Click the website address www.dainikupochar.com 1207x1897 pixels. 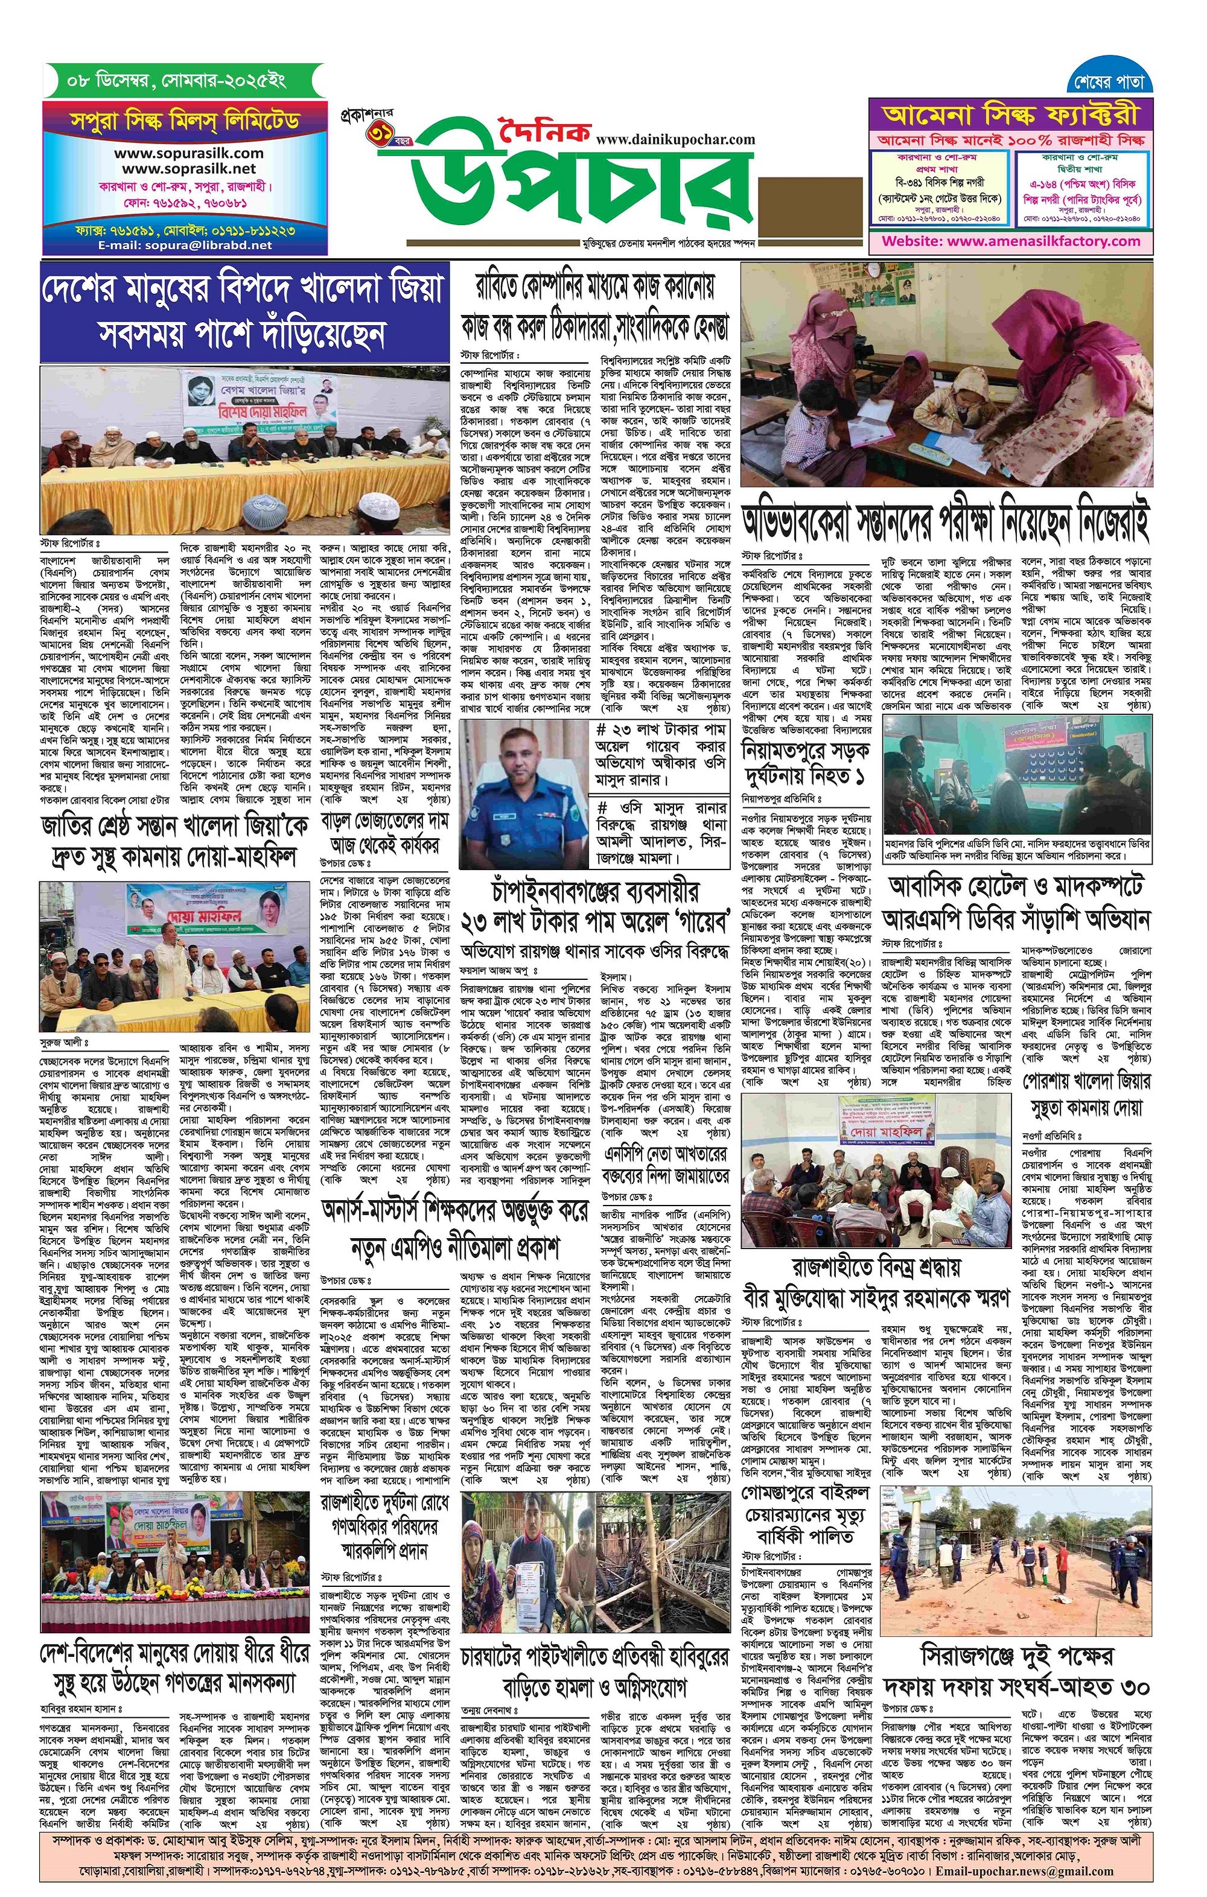click(x=675, y=140)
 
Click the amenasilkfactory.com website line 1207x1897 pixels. click(x=1011, y=241)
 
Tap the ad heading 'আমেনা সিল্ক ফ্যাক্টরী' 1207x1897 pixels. click(x=1011, y=115)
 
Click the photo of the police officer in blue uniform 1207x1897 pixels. click(x=524, y=789)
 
